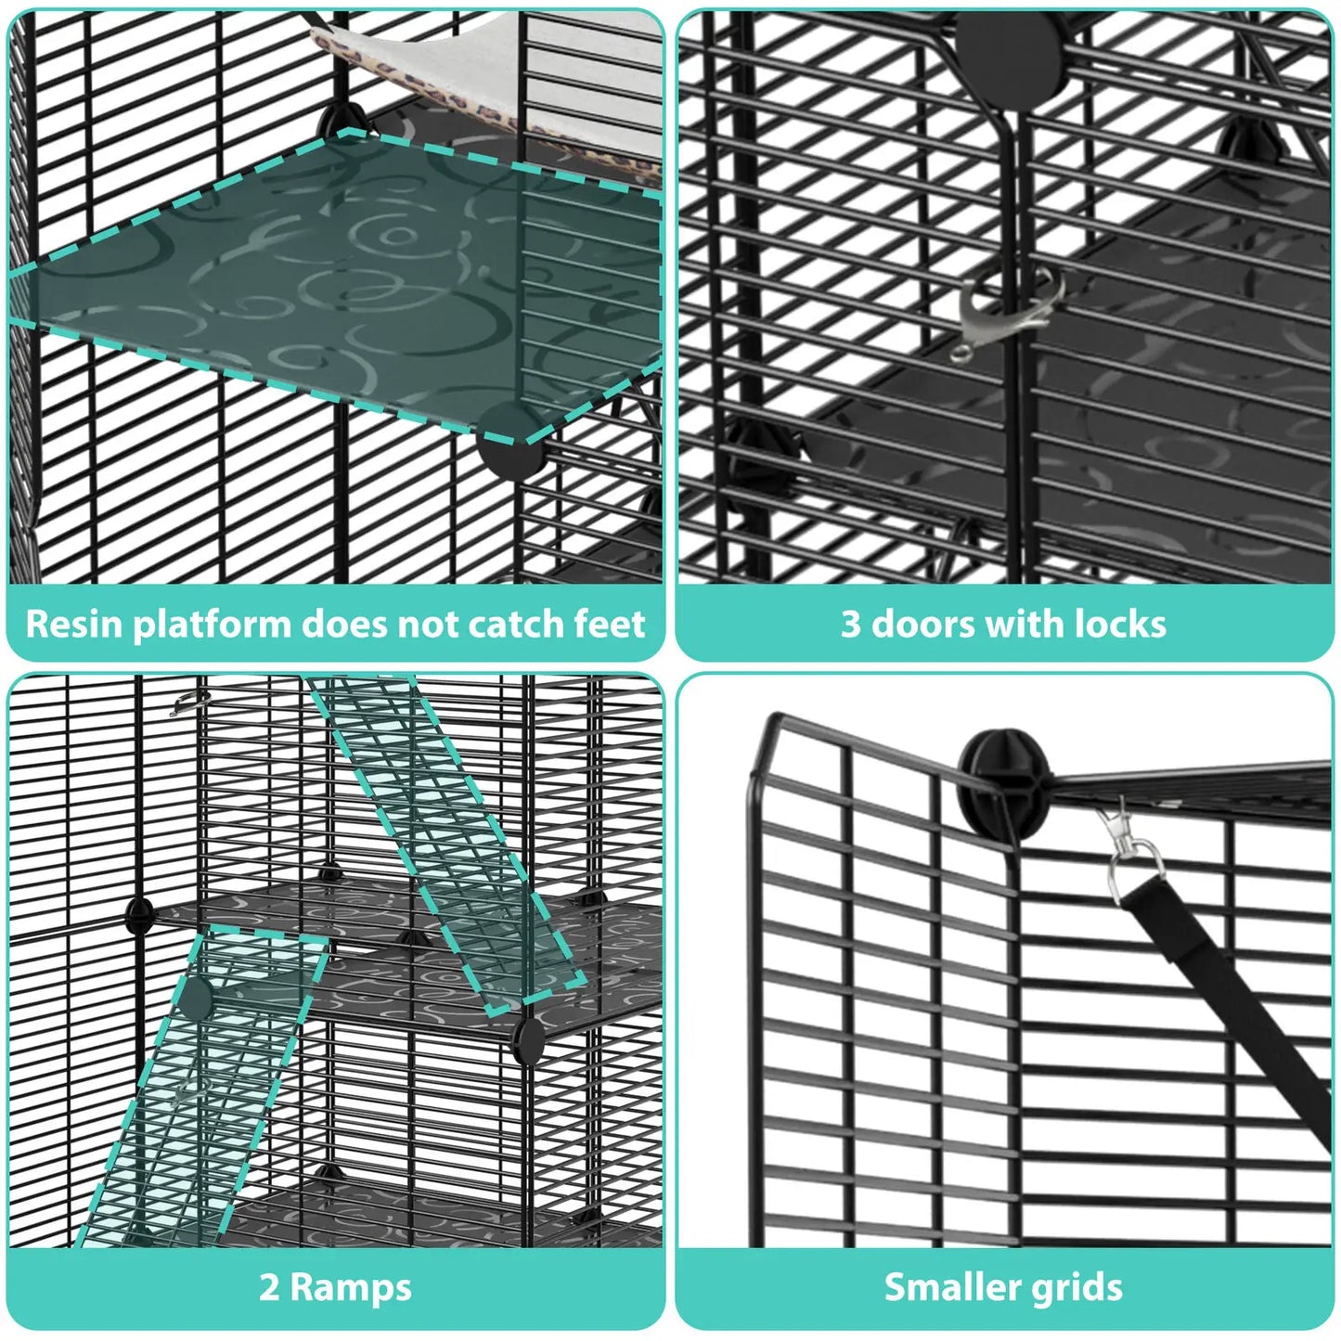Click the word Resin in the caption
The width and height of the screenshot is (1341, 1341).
[75, 624]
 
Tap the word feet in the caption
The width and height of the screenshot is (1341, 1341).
[609, 624]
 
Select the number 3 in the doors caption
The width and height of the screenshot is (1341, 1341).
[850, 624]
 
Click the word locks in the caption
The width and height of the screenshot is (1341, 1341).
[1120, 624]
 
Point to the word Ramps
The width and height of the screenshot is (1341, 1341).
[351, 1287]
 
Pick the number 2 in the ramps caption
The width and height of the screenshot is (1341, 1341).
[269, 1287]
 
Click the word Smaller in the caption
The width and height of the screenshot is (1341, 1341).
[939, 1287]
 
